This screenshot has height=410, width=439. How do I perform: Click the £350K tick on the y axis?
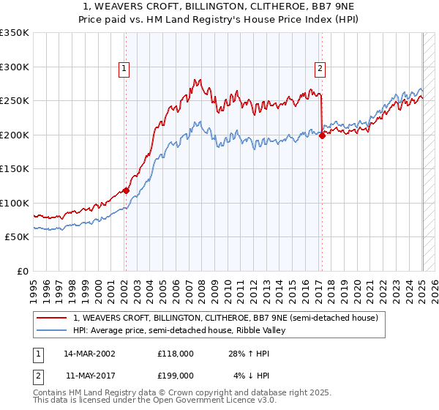pos(14,33)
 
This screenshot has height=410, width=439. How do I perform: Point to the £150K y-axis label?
pos(14,168)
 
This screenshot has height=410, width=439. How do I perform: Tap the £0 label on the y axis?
pos(22,271)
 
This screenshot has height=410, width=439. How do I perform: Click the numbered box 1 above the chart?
pos(125,70)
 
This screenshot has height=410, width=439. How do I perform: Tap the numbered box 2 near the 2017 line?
pos(320,70)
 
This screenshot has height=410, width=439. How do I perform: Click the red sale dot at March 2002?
pos(126,190)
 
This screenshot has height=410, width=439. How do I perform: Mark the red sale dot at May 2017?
pos(322,135)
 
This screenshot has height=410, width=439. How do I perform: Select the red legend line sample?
pos(53,318)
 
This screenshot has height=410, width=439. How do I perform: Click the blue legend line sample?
pos(53,330)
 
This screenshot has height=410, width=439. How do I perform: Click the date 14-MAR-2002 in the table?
pos(89,353)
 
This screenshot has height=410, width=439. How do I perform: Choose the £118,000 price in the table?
pos(176,353)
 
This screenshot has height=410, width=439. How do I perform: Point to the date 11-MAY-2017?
pos(89,376)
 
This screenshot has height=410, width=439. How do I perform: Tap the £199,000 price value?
pos(176,376)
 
